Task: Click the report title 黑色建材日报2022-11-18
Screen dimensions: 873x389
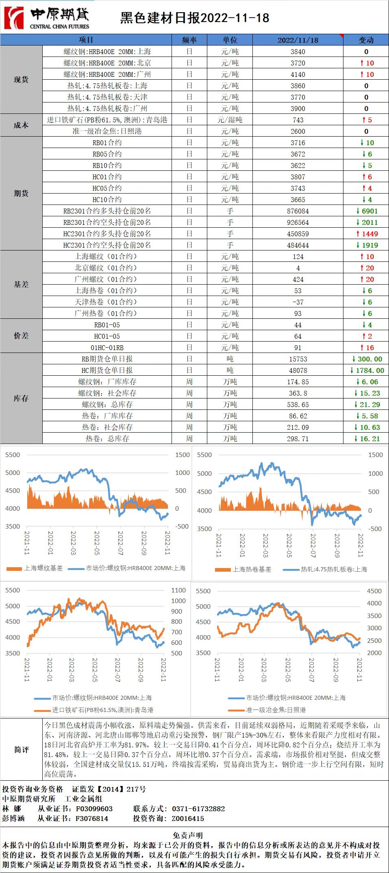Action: point(194,18)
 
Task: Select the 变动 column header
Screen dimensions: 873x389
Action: point(366,40)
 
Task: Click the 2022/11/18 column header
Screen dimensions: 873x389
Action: point(298,40)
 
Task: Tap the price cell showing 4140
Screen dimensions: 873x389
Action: point(298,74)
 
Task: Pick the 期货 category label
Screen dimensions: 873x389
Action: point(21,193)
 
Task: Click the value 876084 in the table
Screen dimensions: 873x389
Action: point(298,211)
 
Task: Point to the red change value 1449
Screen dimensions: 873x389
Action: point(367,234)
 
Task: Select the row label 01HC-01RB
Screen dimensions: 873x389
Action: point(107,348)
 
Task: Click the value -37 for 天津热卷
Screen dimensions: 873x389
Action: point(298,302)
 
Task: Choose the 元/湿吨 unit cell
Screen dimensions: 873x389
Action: point(230,120)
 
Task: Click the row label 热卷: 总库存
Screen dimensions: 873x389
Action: point(107,439)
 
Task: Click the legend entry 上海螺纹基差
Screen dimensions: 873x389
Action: point(43,568)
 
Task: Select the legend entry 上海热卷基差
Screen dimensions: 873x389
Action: point(252,569)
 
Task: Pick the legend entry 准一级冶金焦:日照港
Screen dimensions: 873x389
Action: point(275,710)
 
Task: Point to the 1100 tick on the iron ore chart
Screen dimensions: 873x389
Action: point(178,590)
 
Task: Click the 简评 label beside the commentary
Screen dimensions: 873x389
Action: point(21,749)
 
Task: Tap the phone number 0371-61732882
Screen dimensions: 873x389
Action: point(198,809)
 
